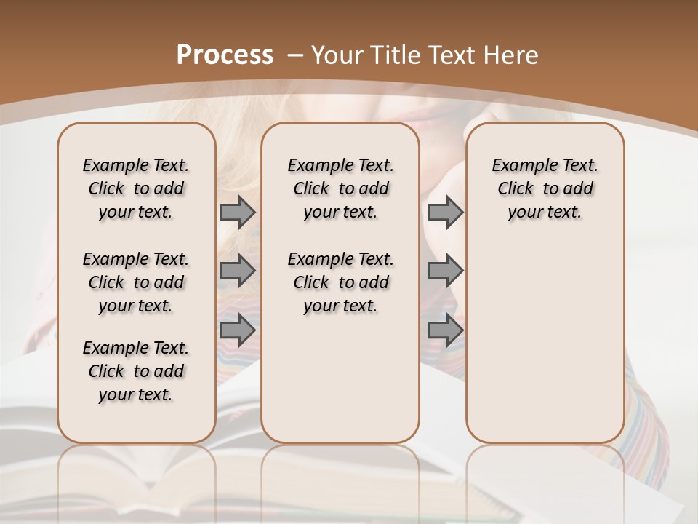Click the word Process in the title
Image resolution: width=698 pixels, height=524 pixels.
tap(225, 55)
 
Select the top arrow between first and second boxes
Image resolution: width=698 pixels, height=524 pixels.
tap(238, 212)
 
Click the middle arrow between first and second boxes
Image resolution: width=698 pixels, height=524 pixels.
tap(238, 271)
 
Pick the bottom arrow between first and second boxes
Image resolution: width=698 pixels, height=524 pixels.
tap(238, 330)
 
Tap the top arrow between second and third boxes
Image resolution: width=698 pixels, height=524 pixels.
tap(445, 212)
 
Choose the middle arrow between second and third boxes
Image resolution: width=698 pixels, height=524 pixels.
tap(445, 271)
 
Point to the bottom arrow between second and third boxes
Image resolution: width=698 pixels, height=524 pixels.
tap(445, 330)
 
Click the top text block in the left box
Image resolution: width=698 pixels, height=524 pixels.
tap(136, 188)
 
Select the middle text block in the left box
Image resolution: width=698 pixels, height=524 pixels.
tap(136, 282)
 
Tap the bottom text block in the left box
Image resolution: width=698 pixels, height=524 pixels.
tap(136, 371)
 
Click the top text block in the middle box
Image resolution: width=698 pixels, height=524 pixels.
tap(341, 188)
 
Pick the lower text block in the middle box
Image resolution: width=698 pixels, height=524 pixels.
tap(341, 282)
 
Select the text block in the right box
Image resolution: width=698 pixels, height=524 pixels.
tap(545, 188)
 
